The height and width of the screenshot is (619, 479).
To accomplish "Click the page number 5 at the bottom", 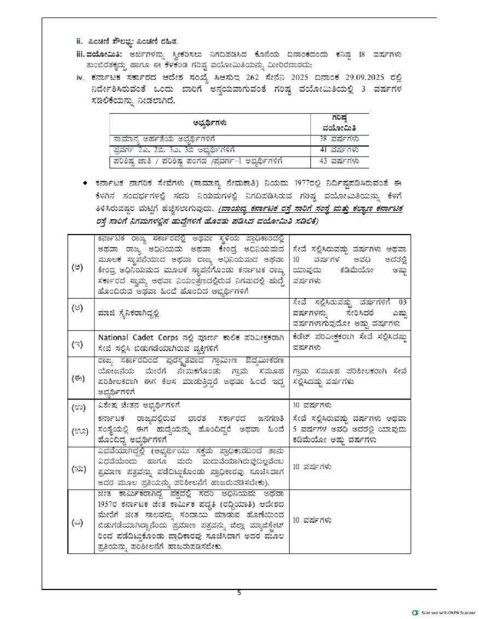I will tap(239, 592).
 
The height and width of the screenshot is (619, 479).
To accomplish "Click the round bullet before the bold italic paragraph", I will tap(90, 182).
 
